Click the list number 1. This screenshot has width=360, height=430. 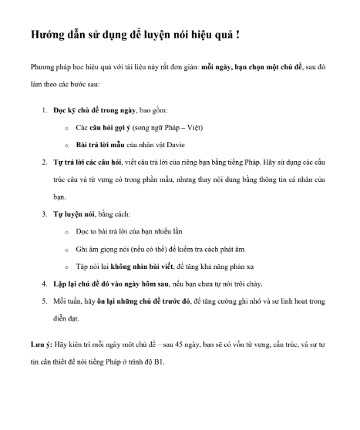(44, 111)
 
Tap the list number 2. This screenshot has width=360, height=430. (44, 162)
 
